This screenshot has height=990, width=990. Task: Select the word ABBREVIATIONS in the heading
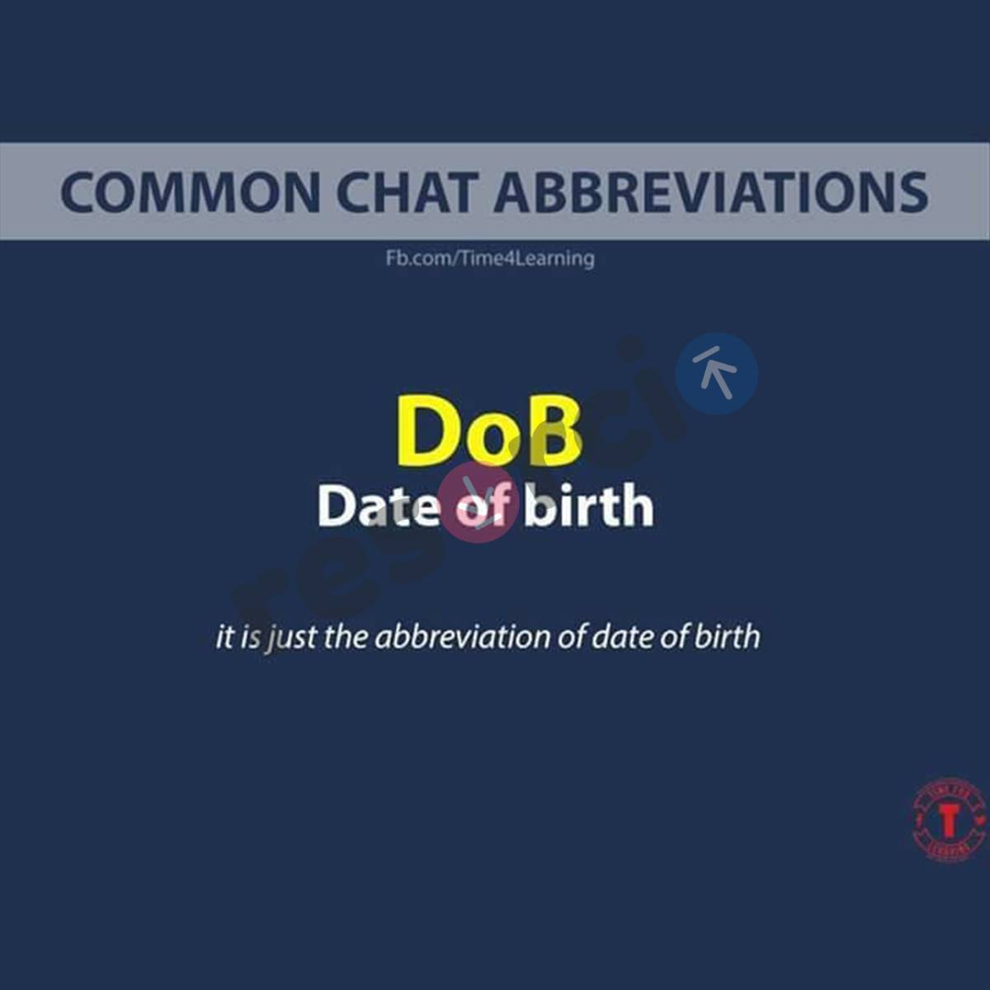711,191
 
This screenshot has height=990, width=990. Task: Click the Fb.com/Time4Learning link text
490,258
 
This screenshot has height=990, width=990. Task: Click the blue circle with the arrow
716,374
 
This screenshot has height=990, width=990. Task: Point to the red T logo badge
950,820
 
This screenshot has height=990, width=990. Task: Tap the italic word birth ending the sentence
727,637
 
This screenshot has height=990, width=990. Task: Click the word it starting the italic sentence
224,637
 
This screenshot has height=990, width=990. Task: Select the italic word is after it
251,637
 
